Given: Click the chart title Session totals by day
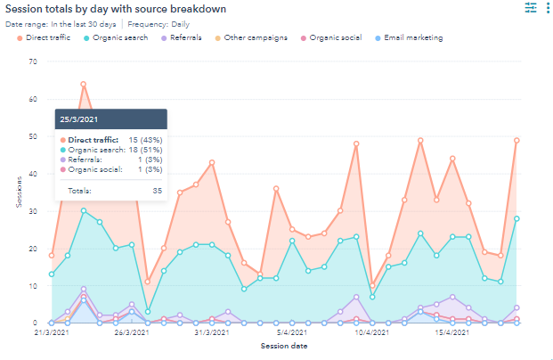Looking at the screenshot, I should [x=115, y=9].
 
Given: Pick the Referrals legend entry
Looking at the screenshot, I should [x=184, y=38].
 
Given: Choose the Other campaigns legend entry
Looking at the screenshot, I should [x=251, y=38].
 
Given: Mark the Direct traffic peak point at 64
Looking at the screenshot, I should [x=84, y=85].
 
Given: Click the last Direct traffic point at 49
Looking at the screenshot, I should [x=516, y=141].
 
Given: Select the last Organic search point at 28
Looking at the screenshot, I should [x=516, y=218].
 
